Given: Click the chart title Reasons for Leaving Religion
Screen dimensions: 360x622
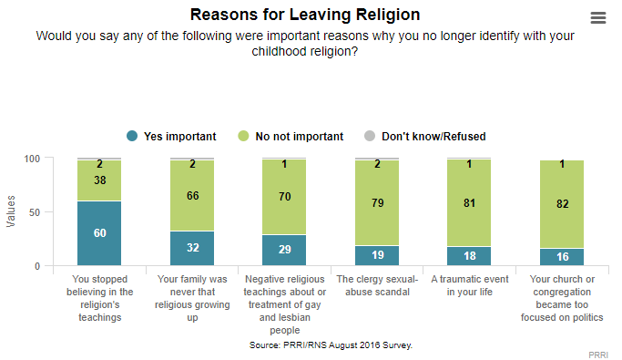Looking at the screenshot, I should tap(305, 15).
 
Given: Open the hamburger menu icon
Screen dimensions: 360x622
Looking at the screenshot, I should tap(598, 18).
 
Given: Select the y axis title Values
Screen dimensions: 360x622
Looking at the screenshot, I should tap(12, 211).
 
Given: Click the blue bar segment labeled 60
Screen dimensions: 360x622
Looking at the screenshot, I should tap(99, 233).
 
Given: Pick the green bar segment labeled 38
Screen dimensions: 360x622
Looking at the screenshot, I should tap(99, 180).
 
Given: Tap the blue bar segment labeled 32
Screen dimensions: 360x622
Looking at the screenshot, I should tap(192, 248).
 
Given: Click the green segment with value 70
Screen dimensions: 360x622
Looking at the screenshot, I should tap(285, 197).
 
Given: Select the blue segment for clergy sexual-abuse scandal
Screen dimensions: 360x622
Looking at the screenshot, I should tap(378, 255).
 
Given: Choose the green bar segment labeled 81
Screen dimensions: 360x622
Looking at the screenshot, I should tap(470, 202).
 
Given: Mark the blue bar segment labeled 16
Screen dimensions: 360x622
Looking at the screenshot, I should tap(563, 257).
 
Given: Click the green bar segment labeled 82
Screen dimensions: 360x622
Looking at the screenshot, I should tap(563, 204).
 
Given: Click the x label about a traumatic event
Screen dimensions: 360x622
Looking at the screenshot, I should tap(470, 285).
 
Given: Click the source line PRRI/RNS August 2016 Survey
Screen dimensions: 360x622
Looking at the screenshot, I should tap(331, 346).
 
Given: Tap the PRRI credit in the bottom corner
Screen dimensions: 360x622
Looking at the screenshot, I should tap(598, 351).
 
